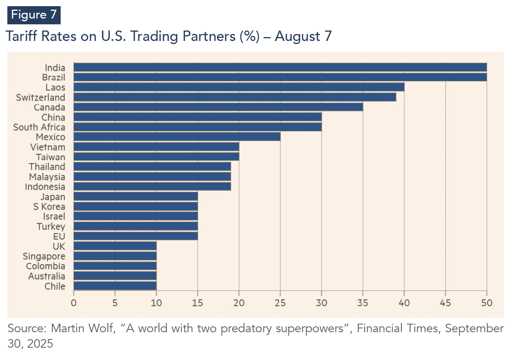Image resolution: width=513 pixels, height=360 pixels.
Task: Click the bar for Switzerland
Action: pyautogui.click(x=234, y=97)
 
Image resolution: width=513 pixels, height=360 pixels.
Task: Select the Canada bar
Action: pyautogui.click(x=218, y=107)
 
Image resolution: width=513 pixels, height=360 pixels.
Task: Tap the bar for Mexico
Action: pyautogui.click(x=177, y=137)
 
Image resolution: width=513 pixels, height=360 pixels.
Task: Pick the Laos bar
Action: pyautogui.click(x=239, y=87)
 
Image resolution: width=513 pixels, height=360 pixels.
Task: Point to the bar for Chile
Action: pyautogui.click(x=115, y=286)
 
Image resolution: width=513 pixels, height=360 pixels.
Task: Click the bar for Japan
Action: pyautogui.click(x=135, y=196)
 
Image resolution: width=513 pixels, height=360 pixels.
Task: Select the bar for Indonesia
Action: pyautogui.click(x=152, y=187)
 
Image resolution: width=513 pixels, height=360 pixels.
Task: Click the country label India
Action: pyautogui.click(x=55, y=68)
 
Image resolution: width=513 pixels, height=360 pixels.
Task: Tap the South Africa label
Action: pyautogui.click(x=39, y=127)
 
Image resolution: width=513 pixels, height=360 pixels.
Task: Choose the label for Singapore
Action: pyautogui.click(x=44, y=256)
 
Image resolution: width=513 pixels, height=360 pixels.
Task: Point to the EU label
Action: pyautogui.click(x=59, y=236)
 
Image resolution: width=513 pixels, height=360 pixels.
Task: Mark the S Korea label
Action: pyautogui.click(x=49, y=207)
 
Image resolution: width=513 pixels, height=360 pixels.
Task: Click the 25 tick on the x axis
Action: pyautogui.click(x=280, y=303)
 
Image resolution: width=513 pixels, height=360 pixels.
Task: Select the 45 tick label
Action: pyautogui.click(x=445, y=303)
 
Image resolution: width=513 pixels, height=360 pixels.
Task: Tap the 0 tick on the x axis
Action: pyautogui.click(x=74, y=303)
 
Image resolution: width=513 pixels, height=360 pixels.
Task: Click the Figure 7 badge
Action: pyautogui.click(x=34, y=15)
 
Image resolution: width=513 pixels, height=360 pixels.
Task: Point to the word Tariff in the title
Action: pyautogui.click(x=21, y=36)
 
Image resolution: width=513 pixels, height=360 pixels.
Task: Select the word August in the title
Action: pyautogui.click(x=297, y=36)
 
